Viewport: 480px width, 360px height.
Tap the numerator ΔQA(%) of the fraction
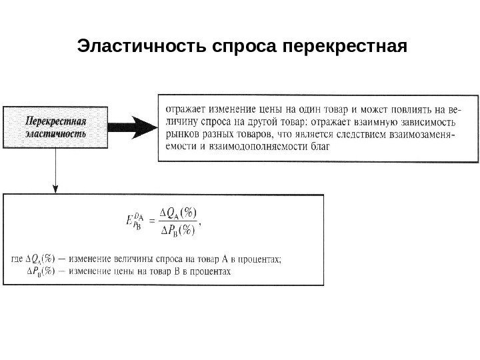(179, 213)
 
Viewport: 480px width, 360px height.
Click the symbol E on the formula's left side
(129, 222)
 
